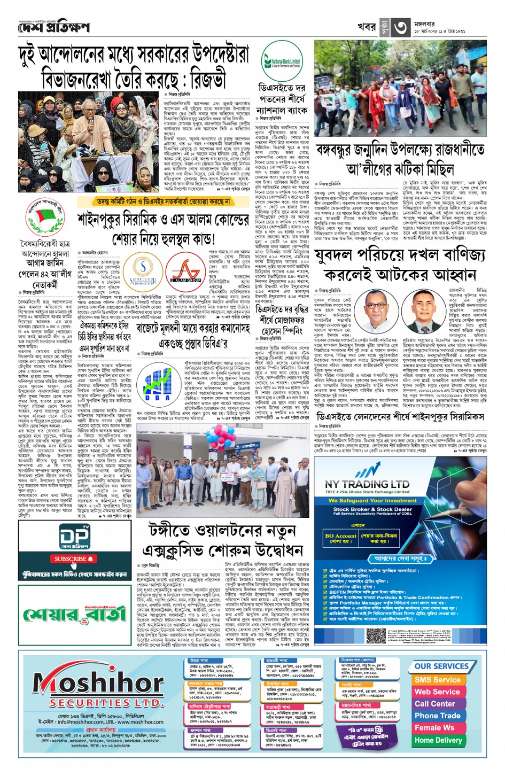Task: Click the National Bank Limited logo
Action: pyautogui.click(x=281, y=62)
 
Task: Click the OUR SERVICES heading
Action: pyautogui.click(x=441, y=666)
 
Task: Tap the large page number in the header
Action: pyautogui.click(x=401, y=28)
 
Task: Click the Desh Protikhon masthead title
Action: pyautogui.click(x=53, y=27)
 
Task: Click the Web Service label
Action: pyautogui.click(x=437, y=692)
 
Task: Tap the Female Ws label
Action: pyautogui.click(x=434, y=728)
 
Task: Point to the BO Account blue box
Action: pyautogui.click(x=340, y=536)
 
